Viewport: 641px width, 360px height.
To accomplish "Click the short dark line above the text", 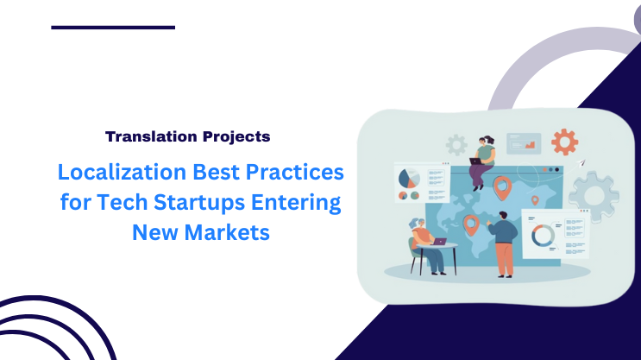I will (x=113, y=28).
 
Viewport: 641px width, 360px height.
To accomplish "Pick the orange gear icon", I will (x=564, y=141).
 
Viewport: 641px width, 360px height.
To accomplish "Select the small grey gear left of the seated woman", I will (x=456, y=144).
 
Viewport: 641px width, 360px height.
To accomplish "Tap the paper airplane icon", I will (x=581, y=161).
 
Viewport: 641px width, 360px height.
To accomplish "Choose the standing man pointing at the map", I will (x=504, y=244).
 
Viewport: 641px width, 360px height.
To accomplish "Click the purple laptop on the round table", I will (x=438, y=242).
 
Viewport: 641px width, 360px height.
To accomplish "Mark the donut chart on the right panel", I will (x=543, y=234).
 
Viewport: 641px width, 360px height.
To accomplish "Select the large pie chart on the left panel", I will (x=409, y=178).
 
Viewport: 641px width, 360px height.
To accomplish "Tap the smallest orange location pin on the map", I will (x=535, y=201).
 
